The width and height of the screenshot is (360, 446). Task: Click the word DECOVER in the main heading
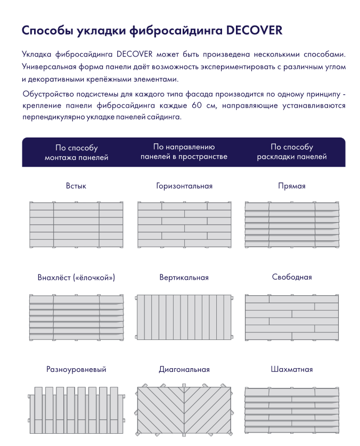pos(255,30)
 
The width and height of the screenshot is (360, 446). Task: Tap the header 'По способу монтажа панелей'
pos(76,152)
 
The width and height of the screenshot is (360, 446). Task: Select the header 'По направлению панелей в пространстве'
pos(184,152)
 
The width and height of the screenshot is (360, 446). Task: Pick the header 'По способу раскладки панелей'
pos(292,152)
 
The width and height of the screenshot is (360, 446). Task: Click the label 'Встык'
pos(76,186)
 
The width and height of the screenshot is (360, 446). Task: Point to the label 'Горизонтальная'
pos(184,186)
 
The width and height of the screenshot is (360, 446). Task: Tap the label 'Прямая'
pos(292,186)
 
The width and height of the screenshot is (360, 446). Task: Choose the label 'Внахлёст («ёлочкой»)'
pos(76,278)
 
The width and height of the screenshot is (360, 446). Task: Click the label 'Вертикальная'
pos(184,278)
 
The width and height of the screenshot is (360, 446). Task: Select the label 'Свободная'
pos(292,277)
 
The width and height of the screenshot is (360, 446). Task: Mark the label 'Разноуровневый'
pos(76,369)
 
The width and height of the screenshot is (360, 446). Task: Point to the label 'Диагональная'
pos(184,369)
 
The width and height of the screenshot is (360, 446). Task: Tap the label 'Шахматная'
pos(292,369)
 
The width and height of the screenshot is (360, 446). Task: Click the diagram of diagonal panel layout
pos(184,410)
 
